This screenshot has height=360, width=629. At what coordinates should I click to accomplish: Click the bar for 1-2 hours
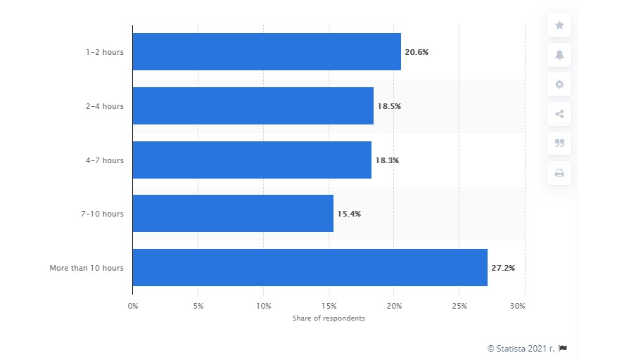point(266,51)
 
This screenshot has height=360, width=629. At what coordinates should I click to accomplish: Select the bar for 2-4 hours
point(253,105)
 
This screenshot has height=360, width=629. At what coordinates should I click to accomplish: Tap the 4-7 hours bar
point(251,160)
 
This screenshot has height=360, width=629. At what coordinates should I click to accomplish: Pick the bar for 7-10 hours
point(232,214)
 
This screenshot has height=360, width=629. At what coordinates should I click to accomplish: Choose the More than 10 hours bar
point(310,267)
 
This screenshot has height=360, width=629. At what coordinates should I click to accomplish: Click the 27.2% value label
point(502,268)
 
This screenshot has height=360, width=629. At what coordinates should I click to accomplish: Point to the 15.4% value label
point(349,214)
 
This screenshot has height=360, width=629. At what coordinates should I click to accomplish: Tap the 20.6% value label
point(417,52)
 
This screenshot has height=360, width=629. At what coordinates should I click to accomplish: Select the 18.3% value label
point(387,160)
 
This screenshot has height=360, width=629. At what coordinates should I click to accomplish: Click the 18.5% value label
point(389,106)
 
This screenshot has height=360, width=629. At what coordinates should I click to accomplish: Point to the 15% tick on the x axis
point(328,307)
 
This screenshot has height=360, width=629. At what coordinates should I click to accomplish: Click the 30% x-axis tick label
point(517,307)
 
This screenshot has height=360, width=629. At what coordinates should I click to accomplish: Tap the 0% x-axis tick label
point(133,307)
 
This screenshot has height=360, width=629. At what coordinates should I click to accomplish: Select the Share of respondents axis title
point(329,319)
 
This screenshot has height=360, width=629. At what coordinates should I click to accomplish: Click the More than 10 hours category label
point(87,268)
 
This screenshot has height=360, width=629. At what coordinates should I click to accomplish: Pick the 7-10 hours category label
point(103,214)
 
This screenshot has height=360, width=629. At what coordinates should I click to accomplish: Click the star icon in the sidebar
point(559,25)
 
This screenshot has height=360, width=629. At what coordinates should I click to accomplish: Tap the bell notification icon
point(559,55)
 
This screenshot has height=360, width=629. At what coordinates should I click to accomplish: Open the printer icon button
point(559,173)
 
